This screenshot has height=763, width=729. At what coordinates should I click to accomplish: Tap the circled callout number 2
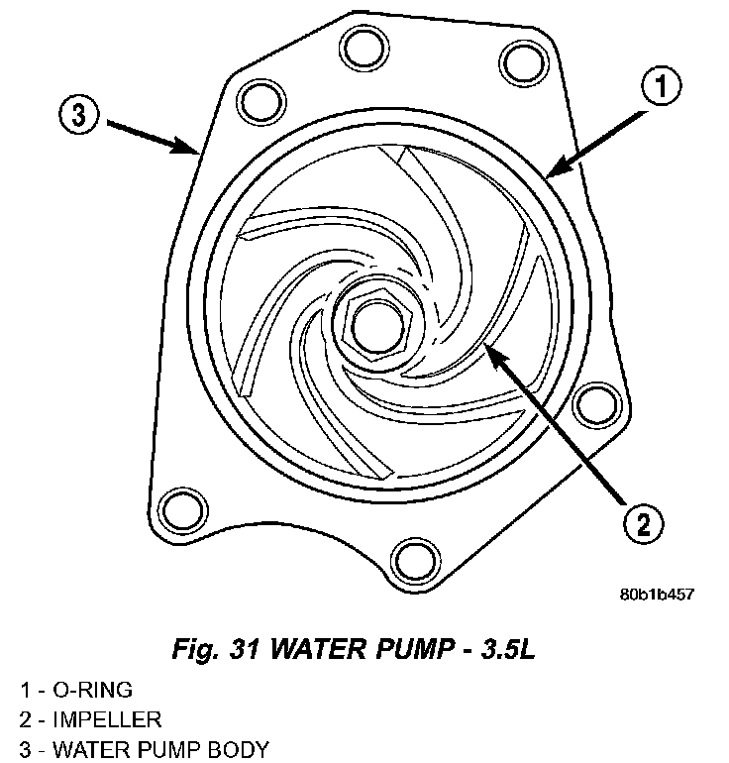[644, 523]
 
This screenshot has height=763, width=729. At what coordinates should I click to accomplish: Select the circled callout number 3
[77, 116]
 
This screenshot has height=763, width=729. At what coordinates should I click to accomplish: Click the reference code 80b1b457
[656, 595]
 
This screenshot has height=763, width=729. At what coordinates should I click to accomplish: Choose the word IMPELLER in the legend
[106, 719]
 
